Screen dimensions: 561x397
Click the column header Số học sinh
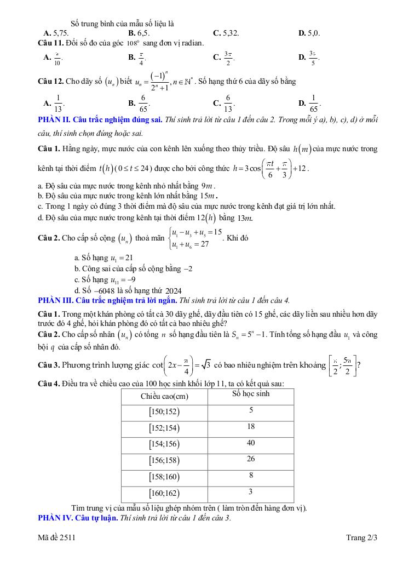point(251,394)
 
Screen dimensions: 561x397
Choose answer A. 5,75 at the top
point(56,33)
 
